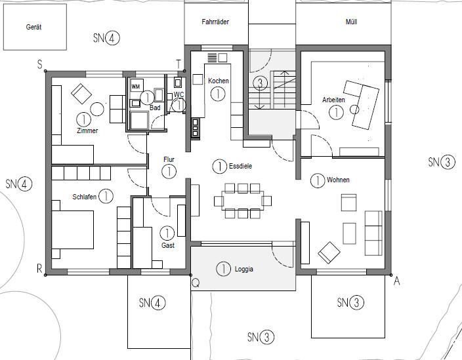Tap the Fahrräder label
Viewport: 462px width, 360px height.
tap(215, 22)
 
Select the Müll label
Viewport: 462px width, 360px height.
tap(351, 22)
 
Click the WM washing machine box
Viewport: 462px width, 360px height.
tap(136, 87)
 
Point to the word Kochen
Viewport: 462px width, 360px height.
tap(218, 81)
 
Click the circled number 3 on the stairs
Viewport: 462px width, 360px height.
tap(261, 83)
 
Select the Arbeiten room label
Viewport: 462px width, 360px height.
tap(334, 100)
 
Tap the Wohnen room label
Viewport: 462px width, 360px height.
tap(338, 180)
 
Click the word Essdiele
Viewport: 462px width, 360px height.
tap(241, 167)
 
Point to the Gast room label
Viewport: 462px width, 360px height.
tap(168, 245)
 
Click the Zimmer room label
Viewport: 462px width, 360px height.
tap(87, 130)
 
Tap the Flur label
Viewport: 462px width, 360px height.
tap(169, 159)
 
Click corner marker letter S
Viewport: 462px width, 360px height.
tap(39, 64)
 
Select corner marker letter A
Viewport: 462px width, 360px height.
tap(396, 280)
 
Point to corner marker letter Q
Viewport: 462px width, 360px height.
tap(195, 283)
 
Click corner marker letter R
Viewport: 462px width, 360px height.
tap(39, 269)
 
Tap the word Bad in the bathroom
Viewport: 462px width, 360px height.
tap(155, 108)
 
